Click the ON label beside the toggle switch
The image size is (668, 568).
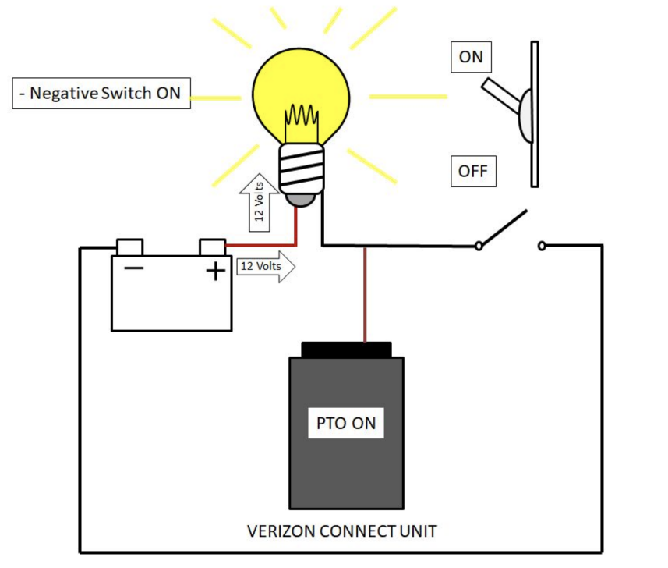472,58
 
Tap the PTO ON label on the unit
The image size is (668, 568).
346,424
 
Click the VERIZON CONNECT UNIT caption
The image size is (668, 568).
342,531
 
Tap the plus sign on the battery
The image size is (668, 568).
215,271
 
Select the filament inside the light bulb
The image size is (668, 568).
302,120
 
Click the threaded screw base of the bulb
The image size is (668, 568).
302,169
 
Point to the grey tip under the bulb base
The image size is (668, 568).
301,199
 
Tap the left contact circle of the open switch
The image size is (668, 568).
479,247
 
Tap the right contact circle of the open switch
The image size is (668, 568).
542,247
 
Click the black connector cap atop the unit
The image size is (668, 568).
346,350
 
